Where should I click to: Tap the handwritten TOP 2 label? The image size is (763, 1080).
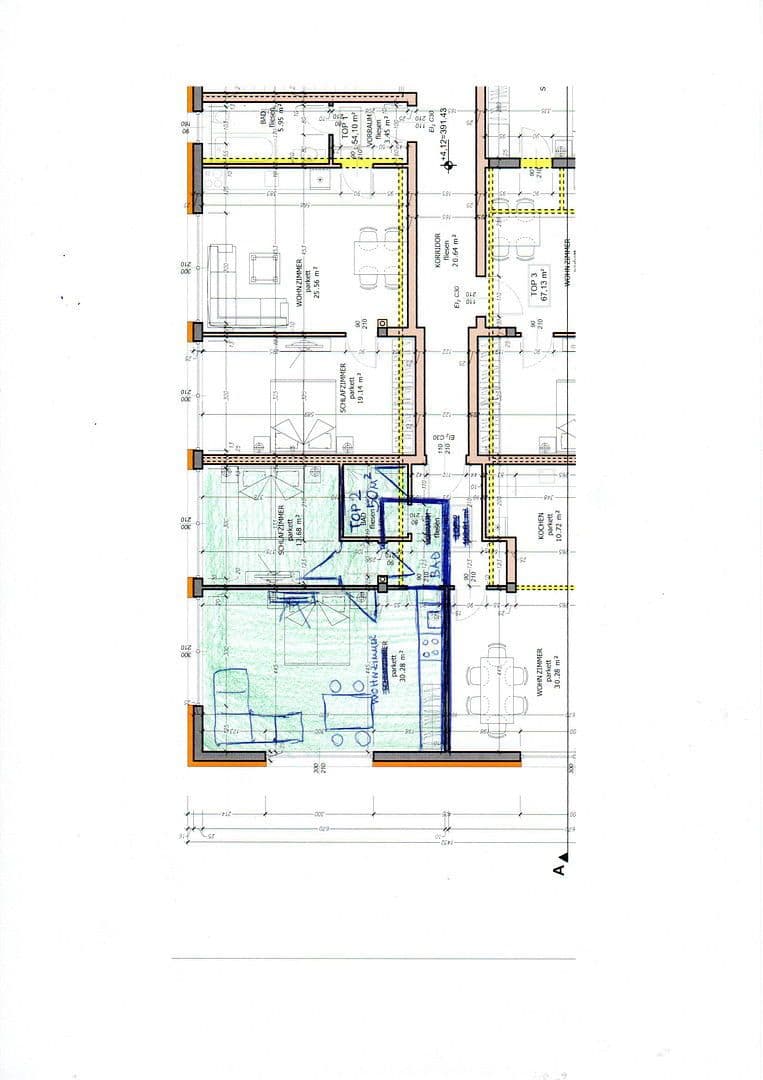coord(358,509)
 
